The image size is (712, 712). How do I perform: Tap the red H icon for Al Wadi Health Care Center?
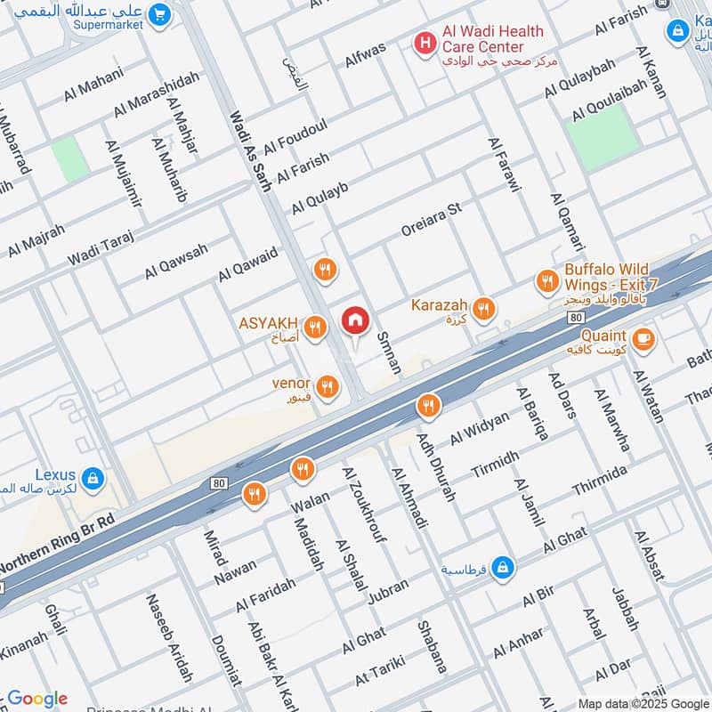coord(426,40)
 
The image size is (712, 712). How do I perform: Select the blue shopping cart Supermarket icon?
coord(160,14)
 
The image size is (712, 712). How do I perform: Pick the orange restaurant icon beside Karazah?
coord(483,309)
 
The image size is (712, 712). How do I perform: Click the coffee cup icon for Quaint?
coord(643,338)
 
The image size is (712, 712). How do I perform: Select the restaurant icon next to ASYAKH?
coord(313,328)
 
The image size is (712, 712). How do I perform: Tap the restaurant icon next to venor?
coord(328,385)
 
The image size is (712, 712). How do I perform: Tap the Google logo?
coord(37,699)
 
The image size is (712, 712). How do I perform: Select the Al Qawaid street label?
coord(248,265)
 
